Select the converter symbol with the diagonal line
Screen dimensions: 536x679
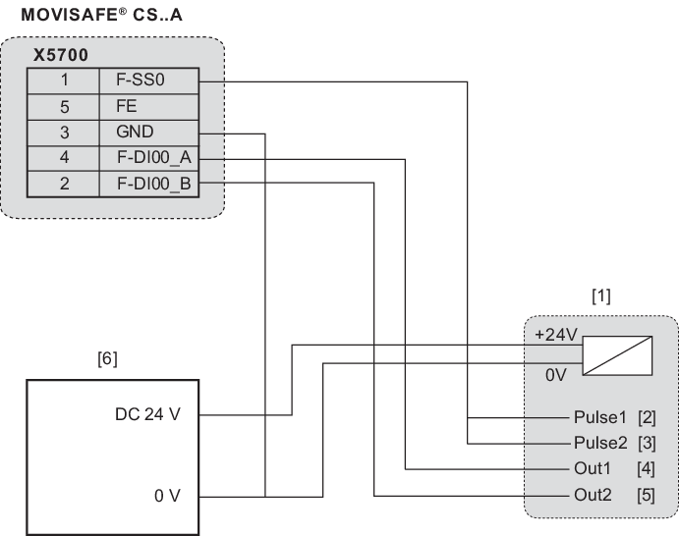tap(618, 354)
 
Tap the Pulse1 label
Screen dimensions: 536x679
tap(599, 419)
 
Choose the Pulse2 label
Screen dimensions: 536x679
tap(599, 444)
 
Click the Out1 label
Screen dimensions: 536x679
tap(593, 469)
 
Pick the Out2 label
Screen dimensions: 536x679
tap(593, 495)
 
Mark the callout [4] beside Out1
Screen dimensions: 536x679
tap(647, 469)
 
